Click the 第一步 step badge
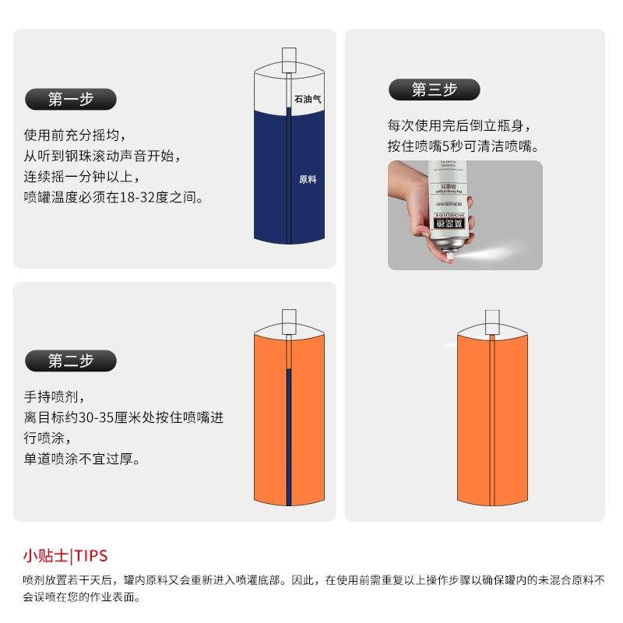[x=71, y=99]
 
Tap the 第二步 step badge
[x=71, y=361]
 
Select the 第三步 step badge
[x=435, y=90]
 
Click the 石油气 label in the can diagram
[x=308, y=100]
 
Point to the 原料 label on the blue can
[x=308, y=179]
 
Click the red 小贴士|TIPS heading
[x=65, y=556]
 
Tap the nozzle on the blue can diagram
[x=289, y=58]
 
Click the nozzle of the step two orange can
[x=289, y=320]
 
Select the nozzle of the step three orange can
[x=492, y=320]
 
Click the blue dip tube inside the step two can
[x=289, y=436]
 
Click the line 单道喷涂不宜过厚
[x=83, y=459]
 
